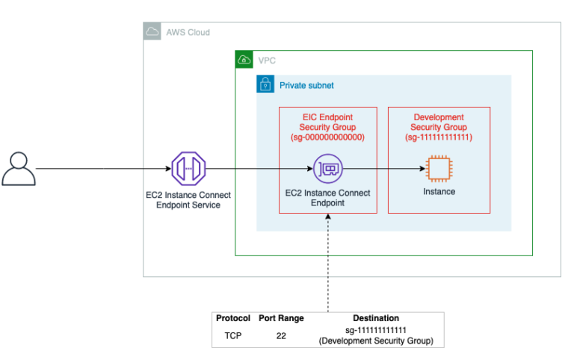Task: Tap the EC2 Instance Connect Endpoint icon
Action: [x=327, y=169]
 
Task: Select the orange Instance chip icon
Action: [x=438, y=168]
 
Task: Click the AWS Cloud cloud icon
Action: [x=152, y=32]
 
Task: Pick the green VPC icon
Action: [x=244, y=60]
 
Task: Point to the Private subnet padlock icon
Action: [x=265, y=84]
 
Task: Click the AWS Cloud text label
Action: [x=189, y=33]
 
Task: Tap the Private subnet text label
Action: [x=306, y=85]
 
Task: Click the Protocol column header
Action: [x=233, y=318]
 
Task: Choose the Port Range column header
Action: [x=281, y=318]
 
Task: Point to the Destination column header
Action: [x=376, y=318]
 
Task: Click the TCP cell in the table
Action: [x=233, y=336]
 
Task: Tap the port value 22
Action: [x=281, y=336]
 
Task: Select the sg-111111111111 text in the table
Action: [x=376, y=331]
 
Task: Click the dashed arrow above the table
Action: [x=327, y=261]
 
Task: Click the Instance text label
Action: [x=438, y=192]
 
